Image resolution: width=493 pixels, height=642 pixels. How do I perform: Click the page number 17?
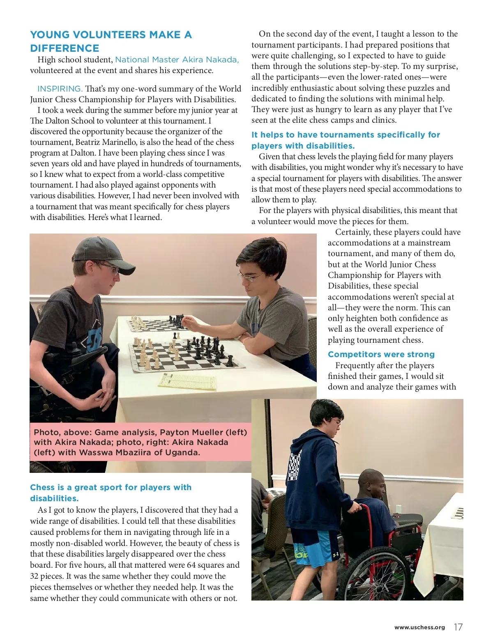coord(458,627)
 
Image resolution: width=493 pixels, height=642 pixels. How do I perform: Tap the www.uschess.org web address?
coord(419,628)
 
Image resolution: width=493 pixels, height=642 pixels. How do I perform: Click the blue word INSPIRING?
coord(60,89)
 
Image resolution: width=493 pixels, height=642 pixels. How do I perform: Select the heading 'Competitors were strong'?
coord(381,354)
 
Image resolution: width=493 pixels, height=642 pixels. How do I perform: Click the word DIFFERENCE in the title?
coord(65,48)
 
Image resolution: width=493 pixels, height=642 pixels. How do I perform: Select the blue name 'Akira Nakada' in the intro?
coord(210,60)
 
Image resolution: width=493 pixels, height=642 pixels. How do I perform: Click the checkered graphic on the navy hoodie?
coord(294,465)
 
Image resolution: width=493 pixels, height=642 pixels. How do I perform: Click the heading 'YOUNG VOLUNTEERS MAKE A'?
coord(111,34)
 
